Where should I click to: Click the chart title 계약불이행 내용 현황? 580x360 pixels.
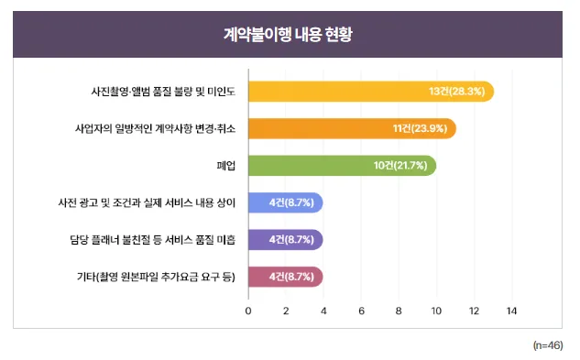pyautogui.click(x=289, y=34)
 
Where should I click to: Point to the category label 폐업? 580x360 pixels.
pyautogui.click(x=225, y=166)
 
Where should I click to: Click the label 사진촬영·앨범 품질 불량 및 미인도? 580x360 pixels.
pyautogui.click(x=163, y=92)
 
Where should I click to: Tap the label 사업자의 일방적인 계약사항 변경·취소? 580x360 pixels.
pyautogui.click(x=155, y=128)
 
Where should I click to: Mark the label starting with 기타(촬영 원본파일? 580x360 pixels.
pyautogui.click(x=157, y=276)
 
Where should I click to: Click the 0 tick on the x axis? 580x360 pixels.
pyautogui.click(x=248, y=311)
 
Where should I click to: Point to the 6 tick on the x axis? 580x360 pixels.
pyautogui.click(x=362, y=311)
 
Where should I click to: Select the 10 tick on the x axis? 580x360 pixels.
pyautogui.click(x=437, y=311)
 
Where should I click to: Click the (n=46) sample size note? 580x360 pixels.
pyautogui.click(x=548, y=345)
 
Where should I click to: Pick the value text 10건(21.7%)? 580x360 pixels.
pyautogui.click(x=401, y=166)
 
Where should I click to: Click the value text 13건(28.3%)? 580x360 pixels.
pyautogui.click(x=457, y=92)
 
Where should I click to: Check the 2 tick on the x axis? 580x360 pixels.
pyautogui.click(x=286, y=311)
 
